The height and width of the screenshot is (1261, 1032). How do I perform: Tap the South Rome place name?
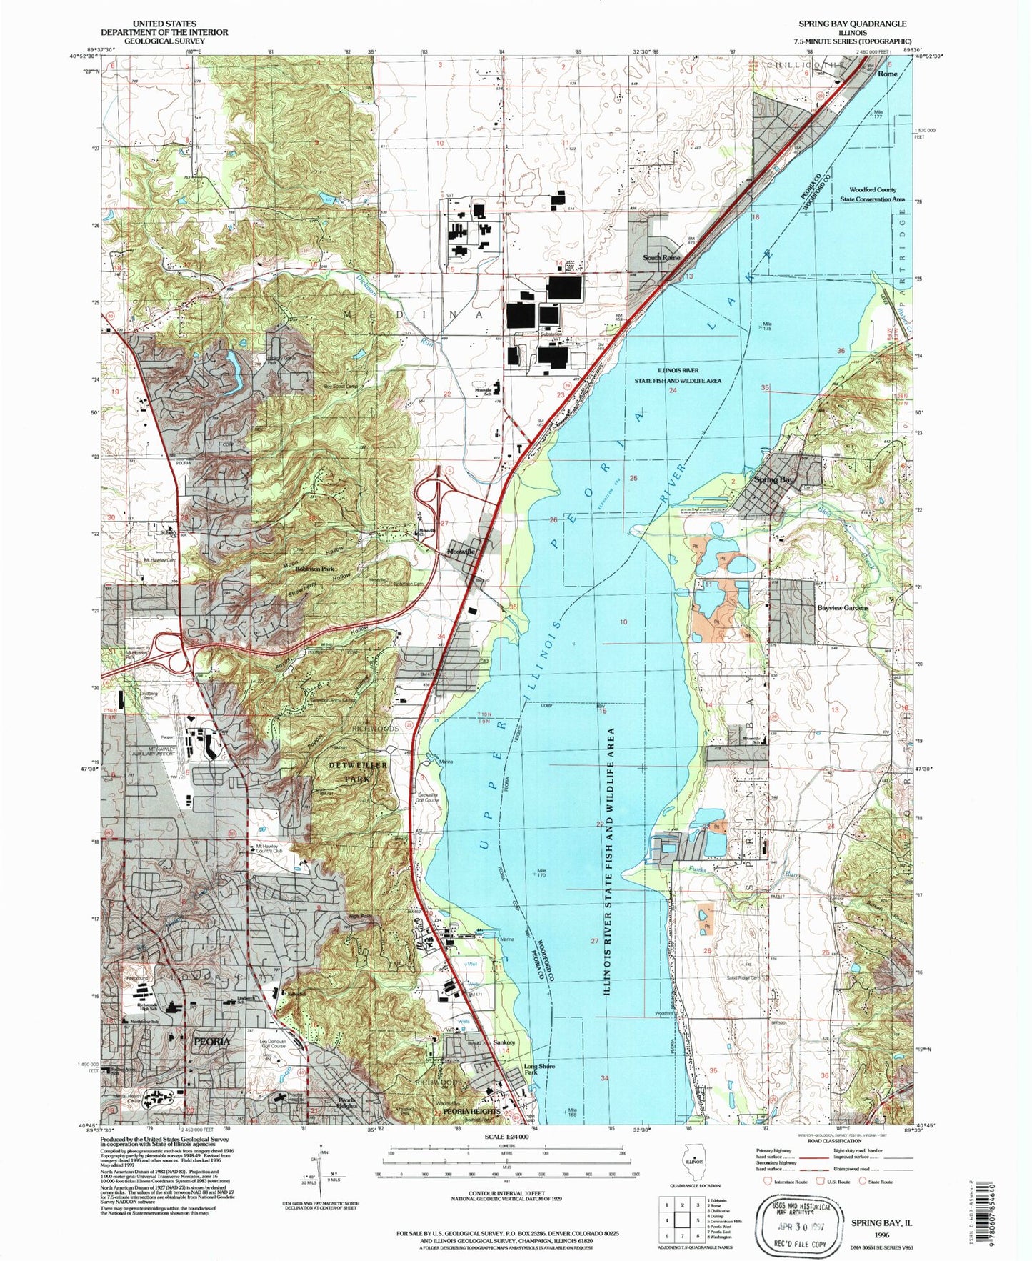click(661, 257)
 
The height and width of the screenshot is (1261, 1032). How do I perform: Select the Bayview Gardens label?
click(843, 608)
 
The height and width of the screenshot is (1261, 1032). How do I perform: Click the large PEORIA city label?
click(212, 1042)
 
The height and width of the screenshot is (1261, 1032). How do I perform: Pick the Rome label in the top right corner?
click(887, 74)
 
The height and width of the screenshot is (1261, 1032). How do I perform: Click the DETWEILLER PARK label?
click(359, 772)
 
